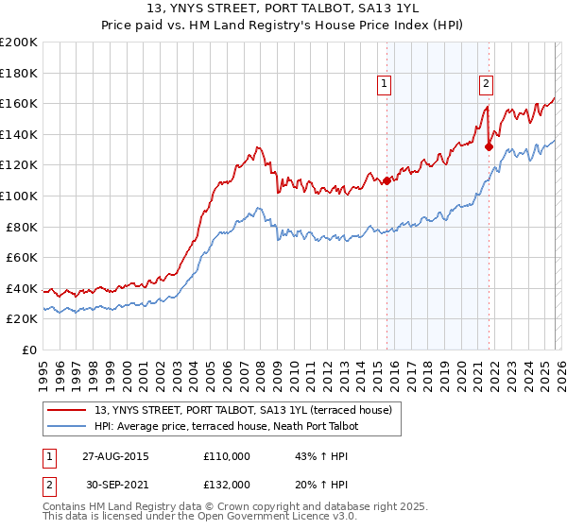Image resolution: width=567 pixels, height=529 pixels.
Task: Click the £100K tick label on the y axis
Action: (19, 196)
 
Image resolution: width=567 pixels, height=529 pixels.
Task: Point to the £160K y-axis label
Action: (19, 103)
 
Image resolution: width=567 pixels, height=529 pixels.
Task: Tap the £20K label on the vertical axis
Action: (22, 319)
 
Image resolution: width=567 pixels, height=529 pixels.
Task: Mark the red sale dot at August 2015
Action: (387, 180)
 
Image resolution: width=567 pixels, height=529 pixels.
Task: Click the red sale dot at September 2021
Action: (489, 146)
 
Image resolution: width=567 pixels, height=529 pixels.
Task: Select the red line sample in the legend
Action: (68, 411)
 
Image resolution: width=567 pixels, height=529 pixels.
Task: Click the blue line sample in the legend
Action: (68, 426)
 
